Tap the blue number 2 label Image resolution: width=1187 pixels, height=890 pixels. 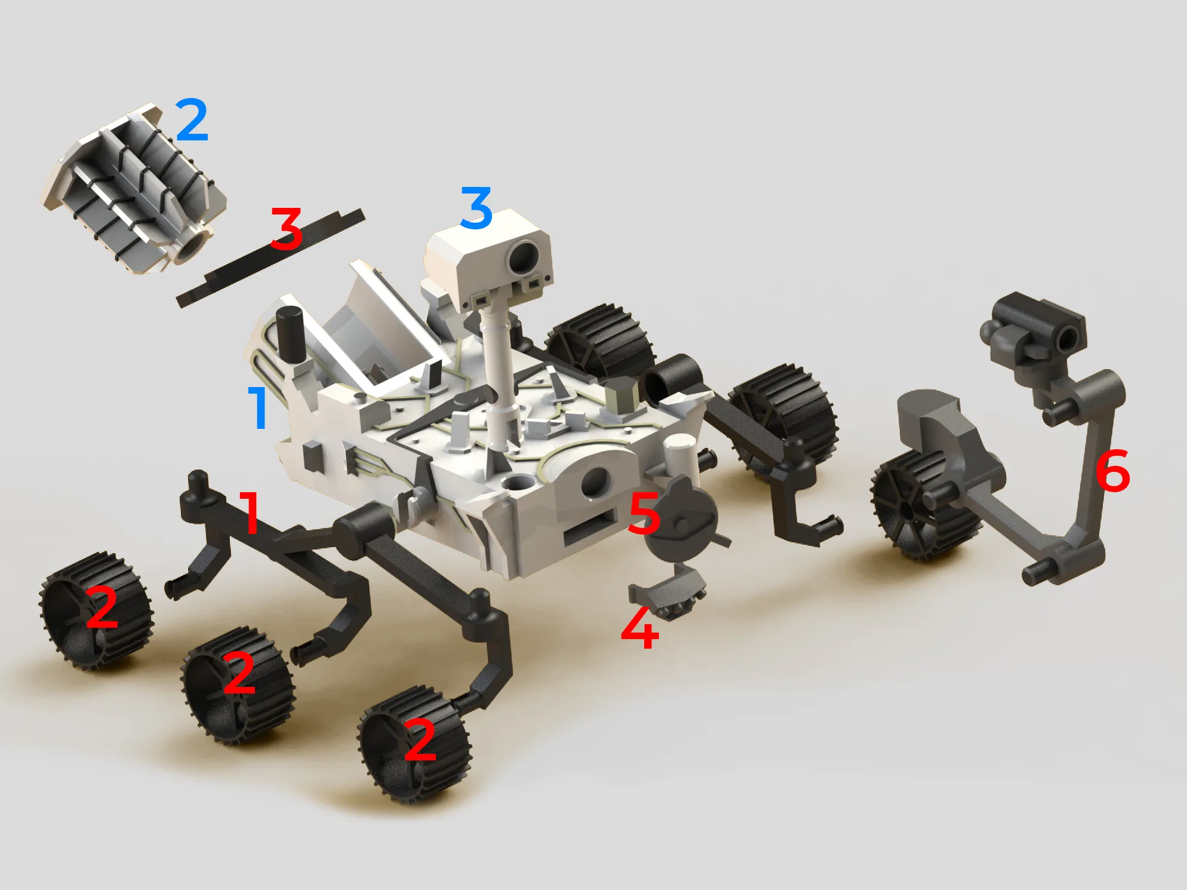point(192,121)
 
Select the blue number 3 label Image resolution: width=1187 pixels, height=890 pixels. point(476,207)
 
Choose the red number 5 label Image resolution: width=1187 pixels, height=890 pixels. point(645,514)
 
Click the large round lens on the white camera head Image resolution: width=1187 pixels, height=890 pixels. point(524,256)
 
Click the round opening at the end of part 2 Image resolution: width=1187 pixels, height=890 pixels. point(192,246)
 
